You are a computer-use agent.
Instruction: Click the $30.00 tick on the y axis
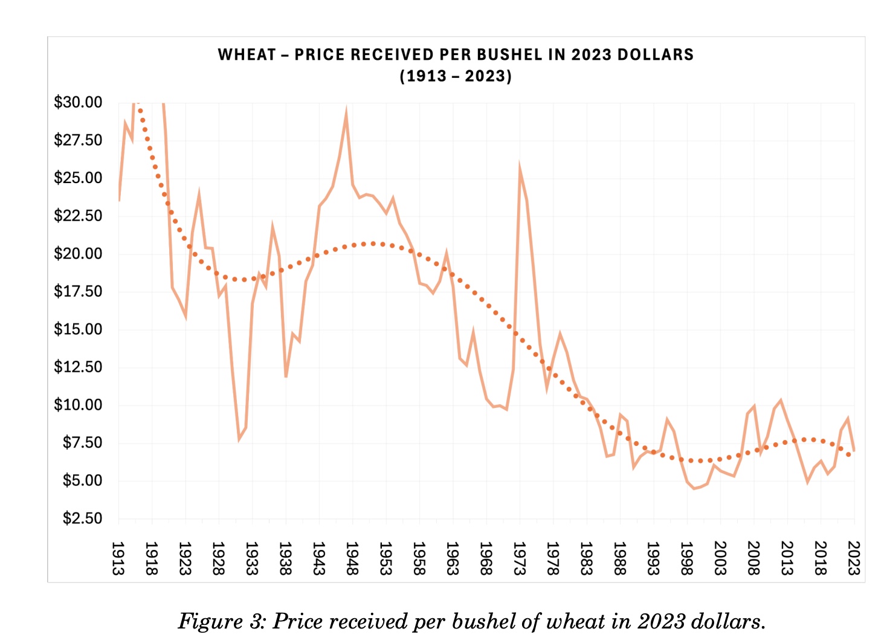pyautogui.click(x=78, y=102)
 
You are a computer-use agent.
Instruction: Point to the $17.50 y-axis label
pyautogui.click(x=78, y=291)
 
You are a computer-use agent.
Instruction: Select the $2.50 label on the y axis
pyautogui.click(x=82, y=519)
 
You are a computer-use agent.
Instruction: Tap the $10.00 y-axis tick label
pyautogui.click(x=78, y=405)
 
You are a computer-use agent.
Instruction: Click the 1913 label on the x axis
pyautogui.click(x=118, y=558)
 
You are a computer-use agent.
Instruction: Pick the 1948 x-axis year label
pyautogui.click(x=352, y=558)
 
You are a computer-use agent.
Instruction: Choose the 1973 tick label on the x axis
pyautogui.click(x=519, y=558)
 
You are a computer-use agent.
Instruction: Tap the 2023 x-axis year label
pyautogui.click(x=853, y=558)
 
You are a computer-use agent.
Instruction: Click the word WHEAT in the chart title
pyautogui.click(x=247, y=55)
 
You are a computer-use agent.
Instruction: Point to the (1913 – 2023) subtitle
pyautogui.click(x=456, y=77)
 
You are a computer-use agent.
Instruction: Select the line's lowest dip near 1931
pyautogui.click(x=239, y=439)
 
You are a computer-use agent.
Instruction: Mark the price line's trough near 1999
pyautogui.click(x=694, y=488)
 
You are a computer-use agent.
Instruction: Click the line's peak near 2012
pyautogui.click(x=781, y=400)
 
